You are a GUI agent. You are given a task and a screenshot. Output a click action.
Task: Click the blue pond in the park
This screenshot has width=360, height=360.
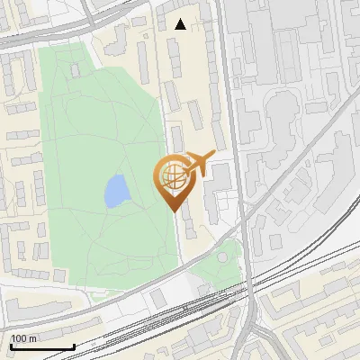pos(115,190)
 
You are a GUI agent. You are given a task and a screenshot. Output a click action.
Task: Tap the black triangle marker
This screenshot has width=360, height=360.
pos(181,24)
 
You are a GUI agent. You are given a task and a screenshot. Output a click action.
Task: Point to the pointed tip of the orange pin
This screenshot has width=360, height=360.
pos(175,211)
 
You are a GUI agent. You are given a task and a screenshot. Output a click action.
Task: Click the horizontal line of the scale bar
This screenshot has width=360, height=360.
pos(41,346)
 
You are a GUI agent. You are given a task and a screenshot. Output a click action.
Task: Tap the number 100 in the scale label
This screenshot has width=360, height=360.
pos(20,338)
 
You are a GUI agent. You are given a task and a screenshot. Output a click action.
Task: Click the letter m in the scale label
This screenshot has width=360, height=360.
pos(32,338)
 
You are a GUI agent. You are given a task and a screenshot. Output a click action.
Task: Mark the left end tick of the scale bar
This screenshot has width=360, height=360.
pos(10,345)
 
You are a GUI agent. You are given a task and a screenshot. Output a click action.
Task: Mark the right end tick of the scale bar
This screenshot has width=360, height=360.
pos(74,345)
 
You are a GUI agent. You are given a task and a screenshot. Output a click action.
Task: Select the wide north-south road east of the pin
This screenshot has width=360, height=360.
pos(233,135)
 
